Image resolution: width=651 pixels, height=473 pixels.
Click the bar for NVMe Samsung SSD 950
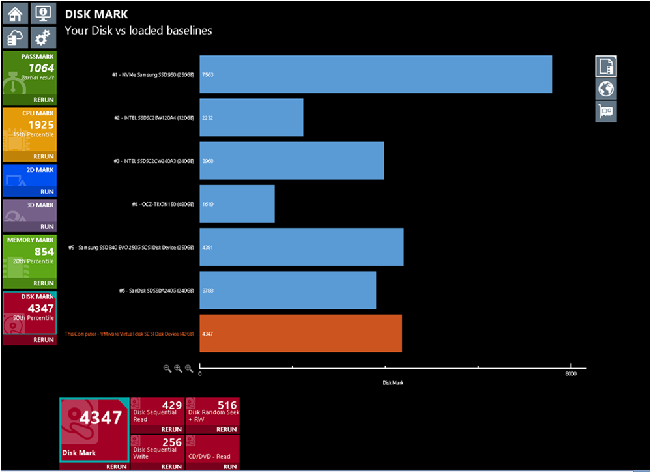[x=375, y=74]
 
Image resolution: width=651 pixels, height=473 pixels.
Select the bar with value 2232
[x=251, y=117]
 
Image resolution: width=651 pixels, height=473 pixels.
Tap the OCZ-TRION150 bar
[x=237, y=204]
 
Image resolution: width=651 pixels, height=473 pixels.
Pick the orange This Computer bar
[x=300, y=334]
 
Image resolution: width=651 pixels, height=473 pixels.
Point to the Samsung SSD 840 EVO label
[x=131, y=248]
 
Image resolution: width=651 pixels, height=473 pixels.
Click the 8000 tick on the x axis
[x=571, y=373]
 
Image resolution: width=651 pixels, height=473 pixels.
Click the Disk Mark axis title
[x=392, y=383]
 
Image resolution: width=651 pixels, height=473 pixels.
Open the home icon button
[x=16, y=14]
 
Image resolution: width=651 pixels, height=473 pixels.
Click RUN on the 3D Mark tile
[x=47, y=227]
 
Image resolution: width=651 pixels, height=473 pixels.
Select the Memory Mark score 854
[x=44, y=252]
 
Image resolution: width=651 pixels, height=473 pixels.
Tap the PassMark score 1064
[x=41, y=68]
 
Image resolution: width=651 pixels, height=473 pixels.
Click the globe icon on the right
[x=606, y=89]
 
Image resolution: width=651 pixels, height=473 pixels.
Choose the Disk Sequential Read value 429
[x=171, y=405]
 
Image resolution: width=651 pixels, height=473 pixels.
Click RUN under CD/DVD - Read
[x=229, y=466]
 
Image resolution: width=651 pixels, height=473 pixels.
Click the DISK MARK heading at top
[x=96, y=14]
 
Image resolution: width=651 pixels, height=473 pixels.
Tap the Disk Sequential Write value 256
[x=171, y=442]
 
